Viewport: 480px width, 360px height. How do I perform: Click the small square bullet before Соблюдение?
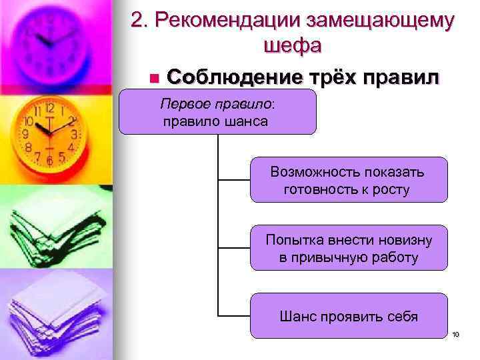coord(154,79)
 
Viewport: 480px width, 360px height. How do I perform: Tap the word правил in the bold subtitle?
coord(400,77)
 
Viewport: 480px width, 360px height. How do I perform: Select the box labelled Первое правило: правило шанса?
coord(217,113)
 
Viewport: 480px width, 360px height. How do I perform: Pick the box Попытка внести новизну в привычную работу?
coord(349,248)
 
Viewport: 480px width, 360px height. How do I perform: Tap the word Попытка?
coord(292,239)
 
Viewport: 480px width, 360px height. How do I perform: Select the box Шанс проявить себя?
coord(349,315)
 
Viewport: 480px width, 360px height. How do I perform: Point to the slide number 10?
coord(456,334)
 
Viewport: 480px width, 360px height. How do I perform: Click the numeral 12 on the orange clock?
coord(49,108)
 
